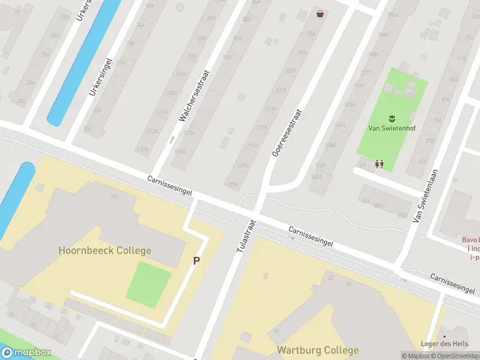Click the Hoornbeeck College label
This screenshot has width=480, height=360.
click(x=105, y=250)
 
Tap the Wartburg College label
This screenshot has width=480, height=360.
click(x=317, y=350)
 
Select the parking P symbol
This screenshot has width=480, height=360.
click(x=196, y=261)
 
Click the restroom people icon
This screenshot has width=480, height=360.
click(x=379, y=163)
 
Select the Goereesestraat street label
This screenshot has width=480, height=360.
click(x=286, y=132)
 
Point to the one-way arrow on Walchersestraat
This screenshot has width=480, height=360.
click(x=172, y=140)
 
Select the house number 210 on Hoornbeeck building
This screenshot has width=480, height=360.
click(x=114, y=196)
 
